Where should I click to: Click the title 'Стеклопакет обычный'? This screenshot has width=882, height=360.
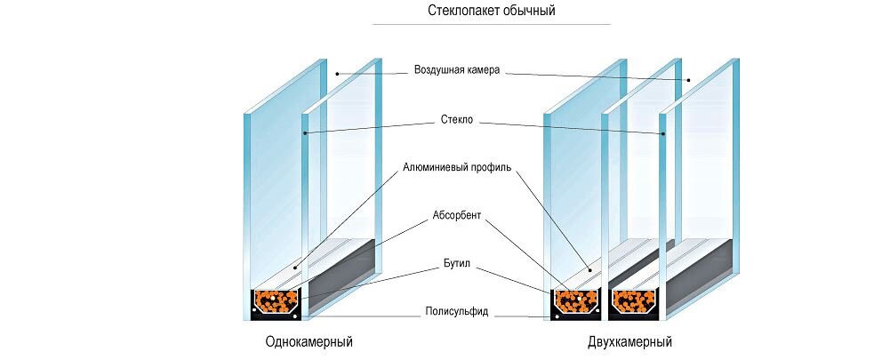[x=491, y=12]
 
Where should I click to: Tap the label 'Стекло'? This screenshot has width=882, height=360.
[x=457, y=118]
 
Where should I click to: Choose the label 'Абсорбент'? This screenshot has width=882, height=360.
[x=457, y=214]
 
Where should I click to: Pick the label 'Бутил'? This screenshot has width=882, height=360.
[x=457, y=264]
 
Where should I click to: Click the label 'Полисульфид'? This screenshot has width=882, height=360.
[x=456, y=312]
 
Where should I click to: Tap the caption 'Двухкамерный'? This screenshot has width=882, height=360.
[x=629, y=341]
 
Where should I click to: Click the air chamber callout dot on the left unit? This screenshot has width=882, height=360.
[x=338, y=73]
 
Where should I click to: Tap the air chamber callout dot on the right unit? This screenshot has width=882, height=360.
[x=687, y=81]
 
